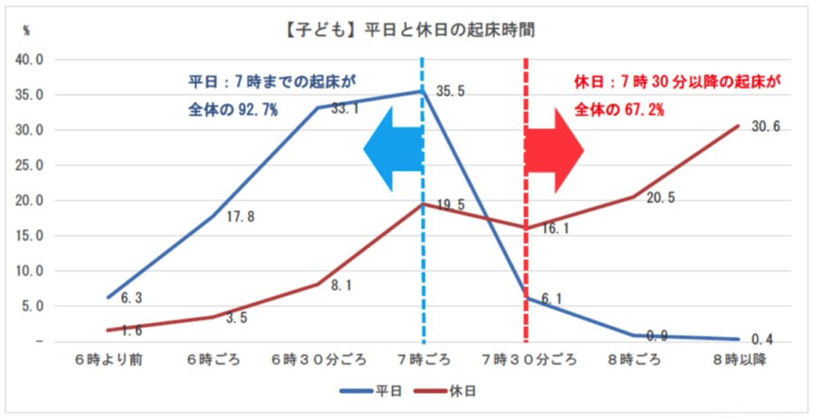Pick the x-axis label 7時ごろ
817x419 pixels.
[424, 360]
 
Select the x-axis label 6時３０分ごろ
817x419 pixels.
[320, 360]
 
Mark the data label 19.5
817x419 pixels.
[450, 205]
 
